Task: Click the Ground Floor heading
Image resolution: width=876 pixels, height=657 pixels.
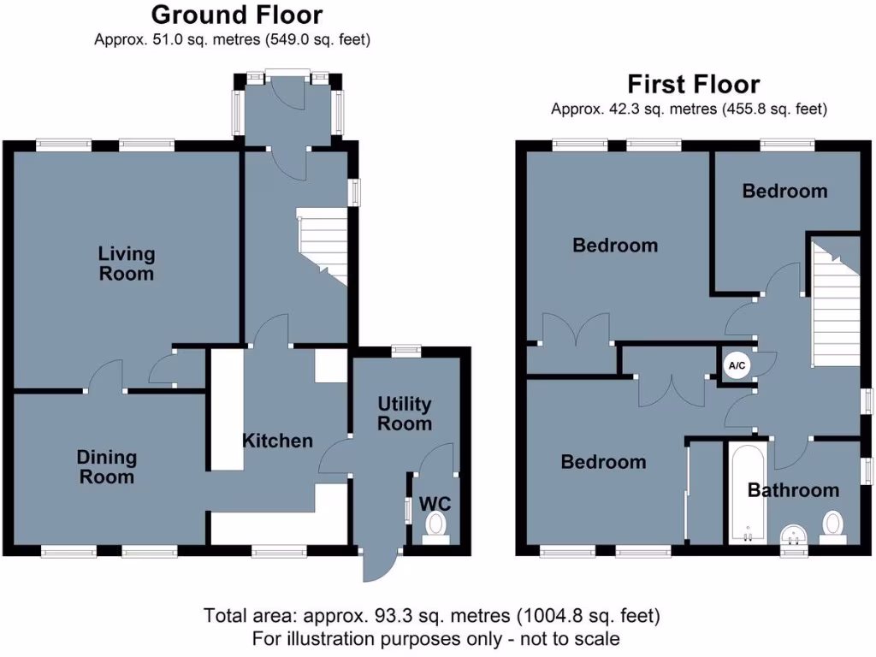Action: point(237,15)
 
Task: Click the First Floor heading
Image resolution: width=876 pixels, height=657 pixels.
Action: point(693,84)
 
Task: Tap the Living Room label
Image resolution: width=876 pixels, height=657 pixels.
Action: point(127,263)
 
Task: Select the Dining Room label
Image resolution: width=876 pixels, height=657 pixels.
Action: point(107,467)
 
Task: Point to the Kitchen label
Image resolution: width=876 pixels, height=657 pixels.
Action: point(277,441)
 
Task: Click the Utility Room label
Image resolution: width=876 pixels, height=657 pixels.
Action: point(405,413)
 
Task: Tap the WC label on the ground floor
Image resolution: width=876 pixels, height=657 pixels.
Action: point(434,504)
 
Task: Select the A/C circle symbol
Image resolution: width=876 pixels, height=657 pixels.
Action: point(737,366)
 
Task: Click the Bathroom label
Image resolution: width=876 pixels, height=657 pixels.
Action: point(793,490)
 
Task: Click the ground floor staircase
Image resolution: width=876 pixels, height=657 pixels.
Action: point(323,244)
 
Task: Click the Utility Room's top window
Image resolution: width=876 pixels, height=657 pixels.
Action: point(406,349)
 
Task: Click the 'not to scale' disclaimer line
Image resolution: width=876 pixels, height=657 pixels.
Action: point(436,638)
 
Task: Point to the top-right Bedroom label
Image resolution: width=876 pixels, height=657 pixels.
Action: point(784,191)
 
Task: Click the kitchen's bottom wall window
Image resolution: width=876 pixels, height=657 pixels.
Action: point(280,552)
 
